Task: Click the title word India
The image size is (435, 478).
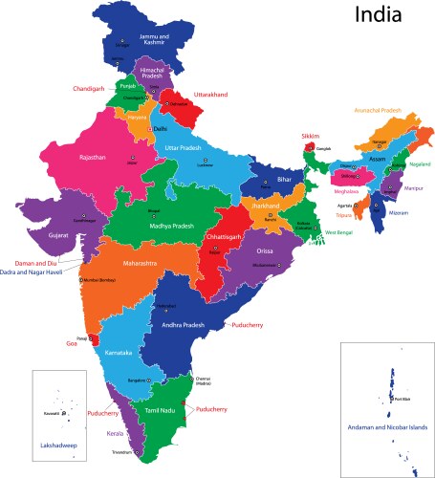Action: [x=386, y=16]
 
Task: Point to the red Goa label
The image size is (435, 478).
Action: [x=72, y=342]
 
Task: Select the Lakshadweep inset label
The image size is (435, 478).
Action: [x=58, y=445]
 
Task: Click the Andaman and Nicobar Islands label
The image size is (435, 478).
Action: [x=386, y=426]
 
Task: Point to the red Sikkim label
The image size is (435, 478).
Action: [x=312, y=136]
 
